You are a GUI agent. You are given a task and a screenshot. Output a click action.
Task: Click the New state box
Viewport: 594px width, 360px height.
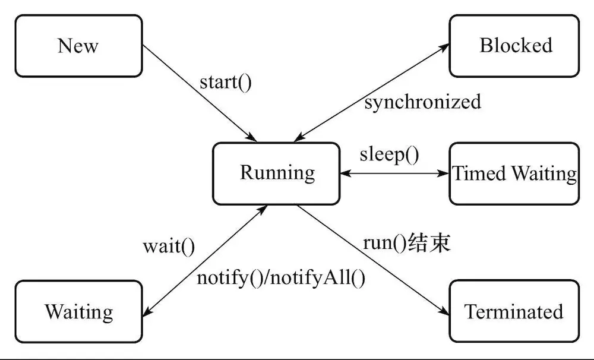click(78, 46)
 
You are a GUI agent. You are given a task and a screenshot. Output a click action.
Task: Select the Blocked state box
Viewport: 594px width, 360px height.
click(514, 46)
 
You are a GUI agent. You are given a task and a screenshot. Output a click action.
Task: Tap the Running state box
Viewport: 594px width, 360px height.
click(277, 173)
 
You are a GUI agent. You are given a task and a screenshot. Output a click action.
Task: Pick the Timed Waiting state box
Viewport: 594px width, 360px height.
click(514, 173)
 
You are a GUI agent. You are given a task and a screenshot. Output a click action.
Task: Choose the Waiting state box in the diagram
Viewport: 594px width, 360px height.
click(78, 312)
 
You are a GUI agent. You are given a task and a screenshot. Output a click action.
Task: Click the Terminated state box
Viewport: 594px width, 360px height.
click(514, 312)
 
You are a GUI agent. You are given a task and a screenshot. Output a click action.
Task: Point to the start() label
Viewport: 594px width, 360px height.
click(226, 81)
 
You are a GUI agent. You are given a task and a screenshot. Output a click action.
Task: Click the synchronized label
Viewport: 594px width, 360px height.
click(422, 102)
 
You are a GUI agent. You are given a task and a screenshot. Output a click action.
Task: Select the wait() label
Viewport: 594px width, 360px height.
click(169, 245)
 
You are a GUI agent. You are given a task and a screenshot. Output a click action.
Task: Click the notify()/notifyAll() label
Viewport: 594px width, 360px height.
click(280, 277)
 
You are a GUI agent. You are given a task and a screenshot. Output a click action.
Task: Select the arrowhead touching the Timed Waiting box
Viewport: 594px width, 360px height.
click(444, 174)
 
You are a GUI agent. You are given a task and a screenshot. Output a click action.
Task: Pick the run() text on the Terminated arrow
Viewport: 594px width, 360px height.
click(385, 244)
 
